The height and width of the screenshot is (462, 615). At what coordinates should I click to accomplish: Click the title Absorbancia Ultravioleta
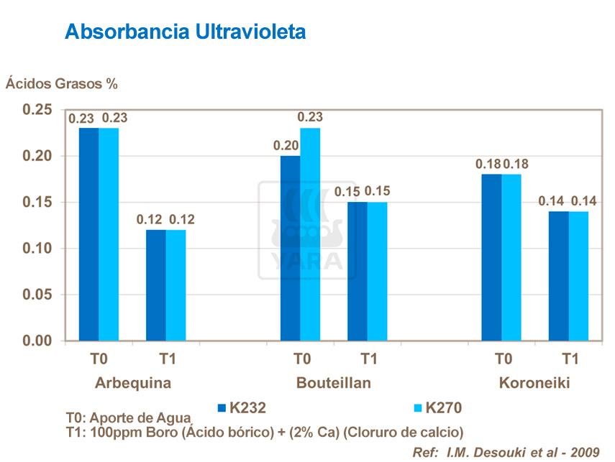click(x=185, y=32)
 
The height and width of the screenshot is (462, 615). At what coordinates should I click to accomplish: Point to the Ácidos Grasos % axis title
click(x=62, y=83)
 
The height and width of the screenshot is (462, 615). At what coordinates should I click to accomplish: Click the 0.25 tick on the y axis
click(x=37, y=110)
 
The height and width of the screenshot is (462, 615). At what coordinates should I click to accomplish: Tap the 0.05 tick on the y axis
click(x=37, y=295)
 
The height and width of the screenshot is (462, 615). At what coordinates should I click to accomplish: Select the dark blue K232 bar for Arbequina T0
click(x=89, y=234)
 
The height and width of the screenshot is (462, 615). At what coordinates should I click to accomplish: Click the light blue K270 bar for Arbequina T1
click(x=176, y=285)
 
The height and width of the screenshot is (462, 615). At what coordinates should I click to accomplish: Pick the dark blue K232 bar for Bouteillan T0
click(x=291, y=248)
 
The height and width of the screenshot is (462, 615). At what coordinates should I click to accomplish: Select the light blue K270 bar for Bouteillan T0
click(x=310, y=234)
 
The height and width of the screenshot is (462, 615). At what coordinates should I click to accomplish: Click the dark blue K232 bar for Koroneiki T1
click(x=559, y=275)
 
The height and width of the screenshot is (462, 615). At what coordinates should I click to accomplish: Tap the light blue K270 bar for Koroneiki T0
click(x=511, y=257)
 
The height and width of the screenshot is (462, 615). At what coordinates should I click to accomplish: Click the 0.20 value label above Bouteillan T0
click(x=286, y=145)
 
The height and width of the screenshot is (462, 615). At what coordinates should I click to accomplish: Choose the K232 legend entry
click(x=242, y=408)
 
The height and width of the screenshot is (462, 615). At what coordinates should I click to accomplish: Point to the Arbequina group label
click(x=133, y=383)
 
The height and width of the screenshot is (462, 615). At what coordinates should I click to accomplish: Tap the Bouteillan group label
click(x=334, y=383)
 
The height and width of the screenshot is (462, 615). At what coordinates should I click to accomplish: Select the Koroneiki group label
click(x=534, y=383)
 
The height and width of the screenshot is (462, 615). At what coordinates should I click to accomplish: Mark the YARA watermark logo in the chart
click(x=308, y=230)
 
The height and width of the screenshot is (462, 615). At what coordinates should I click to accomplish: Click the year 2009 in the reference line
click(x=585, y=452)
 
